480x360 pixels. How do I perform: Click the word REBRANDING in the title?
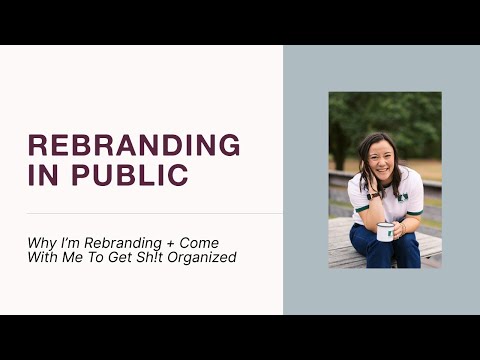tap(134, 145)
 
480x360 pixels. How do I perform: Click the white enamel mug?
tap(385, 231)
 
